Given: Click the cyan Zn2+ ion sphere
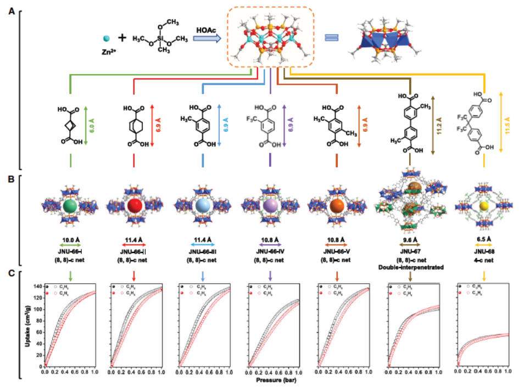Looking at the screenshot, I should coord(107,38).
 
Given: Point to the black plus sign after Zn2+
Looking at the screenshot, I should coord(122,38).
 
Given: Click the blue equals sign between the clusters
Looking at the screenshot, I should coord(331,37).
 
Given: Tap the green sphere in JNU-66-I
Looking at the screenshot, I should coord(70,206).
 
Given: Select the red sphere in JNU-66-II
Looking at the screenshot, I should coord(135,207).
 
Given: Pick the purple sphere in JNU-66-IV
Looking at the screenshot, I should coord(270,207).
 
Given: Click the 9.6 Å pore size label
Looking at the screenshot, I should coord(410,239).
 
